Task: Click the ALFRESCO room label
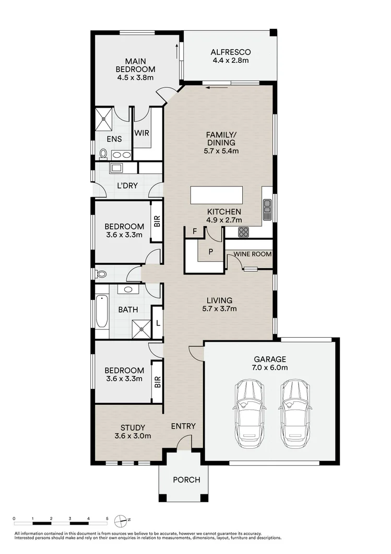coord(231,52)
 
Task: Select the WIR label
coord(142,133)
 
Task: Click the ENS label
coord(114,139)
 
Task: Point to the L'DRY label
coord(127,185)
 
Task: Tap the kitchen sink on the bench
coord(267,209)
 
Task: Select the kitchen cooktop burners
coord(244,232)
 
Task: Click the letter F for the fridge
coord(194,231)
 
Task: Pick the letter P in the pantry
coord(211,251)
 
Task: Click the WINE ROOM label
coord(253,253)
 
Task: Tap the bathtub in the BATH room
coord(101,313)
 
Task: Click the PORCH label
coord(186,480)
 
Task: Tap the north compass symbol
coord(123,520)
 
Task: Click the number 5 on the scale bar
coord(107,519)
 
